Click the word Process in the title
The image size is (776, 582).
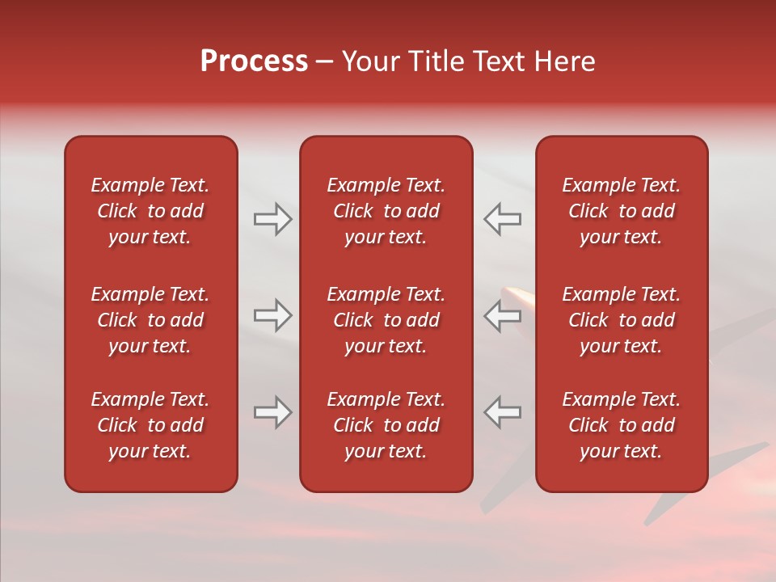[254, 61]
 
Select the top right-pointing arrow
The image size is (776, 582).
[272, 219]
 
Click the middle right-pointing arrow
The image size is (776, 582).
[272, 315]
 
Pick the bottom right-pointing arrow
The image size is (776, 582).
[272, 412]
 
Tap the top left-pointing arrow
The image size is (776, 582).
[502, 219]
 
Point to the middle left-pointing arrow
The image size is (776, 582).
[502, 315]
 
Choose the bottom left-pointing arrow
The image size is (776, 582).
[502, 412]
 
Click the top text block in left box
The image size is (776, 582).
[150, 211]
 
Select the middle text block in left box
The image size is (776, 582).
[150, 320]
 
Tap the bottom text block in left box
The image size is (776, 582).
[150, 425]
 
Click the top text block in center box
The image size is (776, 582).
[386, 211]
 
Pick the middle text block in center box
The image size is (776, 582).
[386, 320]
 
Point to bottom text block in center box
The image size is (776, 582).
[386, 425]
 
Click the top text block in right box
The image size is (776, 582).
[621, 211]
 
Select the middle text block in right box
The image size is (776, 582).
[621, 320]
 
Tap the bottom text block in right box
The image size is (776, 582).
[621, 425]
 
